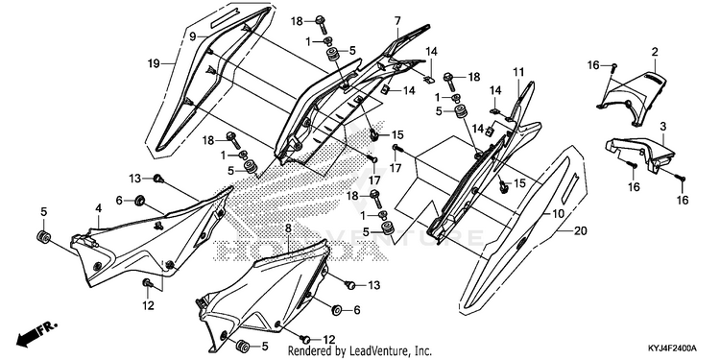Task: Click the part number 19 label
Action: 154,63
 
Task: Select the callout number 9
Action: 192,36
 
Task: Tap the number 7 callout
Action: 397,21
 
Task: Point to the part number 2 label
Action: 655,52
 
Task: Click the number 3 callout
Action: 663,127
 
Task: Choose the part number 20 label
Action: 581,231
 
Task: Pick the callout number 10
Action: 558,213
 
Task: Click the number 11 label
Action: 518,72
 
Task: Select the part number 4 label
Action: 98,208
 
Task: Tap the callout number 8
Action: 288,228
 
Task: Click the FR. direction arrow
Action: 36,333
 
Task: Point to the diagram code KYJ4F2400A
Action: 672,348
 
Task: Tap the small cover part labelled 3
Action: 640,153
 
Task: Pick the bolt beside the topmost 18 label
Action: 321,24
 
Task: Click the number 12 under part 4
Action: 148,305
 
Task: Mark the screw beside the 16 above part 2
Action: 614,67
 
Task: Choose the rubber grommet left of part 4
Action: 43,238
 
